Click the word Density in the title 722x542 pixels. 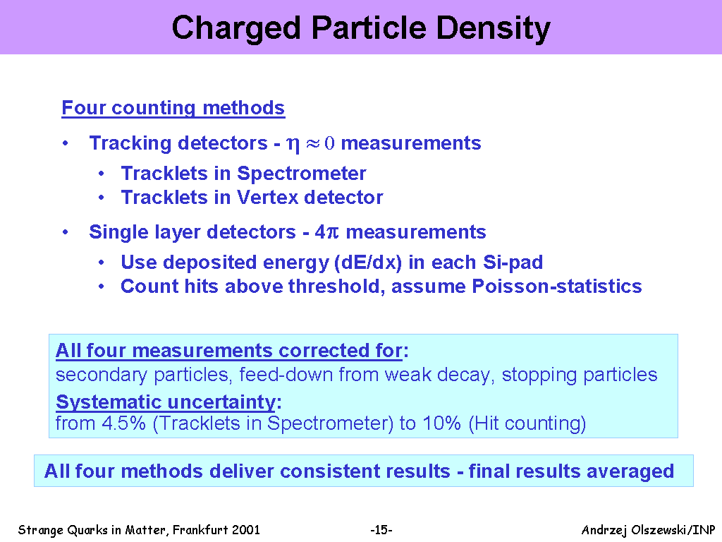[x=493, y=28]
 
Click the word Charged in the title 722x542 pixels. [x=236, y=28]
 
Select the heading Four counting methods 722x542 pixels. [x=173, y=108]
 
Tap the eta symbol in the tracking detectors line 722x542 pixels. [x=293, y=144]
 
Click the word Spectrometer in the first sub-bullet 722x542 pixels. [x=302, y=174]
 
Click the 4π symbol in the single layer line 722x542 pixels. [x=326, y=231]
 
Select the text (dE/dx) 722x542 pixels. [x=368, y=263]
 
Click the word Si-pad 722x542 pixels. [x=513, y=263]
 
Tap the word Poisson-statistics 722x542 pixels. [x=557, y=287]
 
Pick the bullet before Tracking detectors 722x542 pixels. [x=66, y=143]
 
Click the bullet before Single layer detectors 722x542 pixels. [x=66, y=232]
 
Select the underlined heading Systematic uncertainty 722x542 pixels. [x=166, y=402]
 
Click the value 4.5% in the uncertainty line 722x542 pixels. [x=123, y=423]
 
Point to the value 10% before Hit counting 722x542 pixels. [x=441, y=423]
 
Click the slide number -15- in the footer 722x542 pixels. [x=381, y=530]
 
